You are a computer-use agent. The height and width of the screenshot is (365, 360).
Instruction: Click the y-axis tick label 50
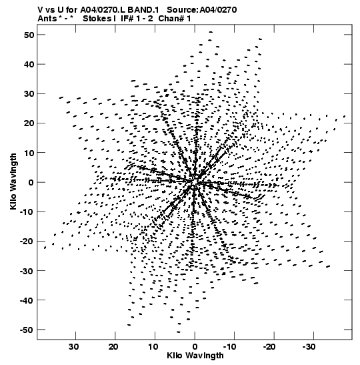click(x=29, y=35)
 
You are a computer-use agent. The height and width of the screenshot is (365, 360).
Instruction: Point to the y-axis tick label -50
click(x=27, y=330)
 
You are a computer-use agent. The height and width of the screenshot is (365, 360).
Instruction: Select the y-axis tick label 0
click(x=31, y=182)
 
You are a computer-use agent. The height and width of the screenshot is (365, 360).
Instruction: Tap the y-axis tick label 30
click(x=29, y=94)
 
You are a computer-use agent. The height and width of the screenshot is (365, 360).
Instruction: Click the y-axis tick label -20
click(x=27, y=242)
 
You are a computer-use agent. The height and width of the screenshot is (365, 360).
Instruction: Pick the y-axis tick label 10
click(x=29, y=153)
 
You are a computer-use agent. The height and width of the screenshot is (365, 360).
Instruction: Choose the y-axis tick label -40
click(x=27, y=300)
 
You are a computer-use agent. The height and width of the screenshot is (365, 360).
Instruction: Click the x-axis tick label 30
click(x=74, y=347)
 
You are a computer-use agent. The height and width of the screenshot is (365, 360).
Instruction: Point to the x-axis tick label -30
click(x=309, y=347)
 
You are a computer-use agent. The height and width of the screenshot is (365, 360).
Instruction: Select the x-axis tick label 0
click(x=195, y=347)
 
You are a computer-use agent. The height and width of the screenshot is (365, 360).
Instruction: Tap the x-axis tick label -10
click(x=230, y=347)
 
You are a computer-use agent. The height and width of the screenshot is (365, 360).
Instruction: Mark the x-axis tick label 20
click(x=113, y=347)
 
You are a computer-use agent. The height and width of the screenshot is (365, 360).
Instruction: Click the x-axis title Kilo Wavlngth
click(x=195, y=356)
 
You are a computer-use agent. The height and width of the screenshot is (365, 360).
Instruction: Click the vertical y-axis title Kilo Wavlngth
click(x=13, y=181)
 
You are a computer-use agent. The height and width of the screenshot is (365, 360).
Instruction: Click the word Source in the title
click(x=182, y=10)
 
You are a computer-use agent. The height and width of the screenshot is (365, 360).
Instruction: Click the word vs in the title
click(x=49, y=10)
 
